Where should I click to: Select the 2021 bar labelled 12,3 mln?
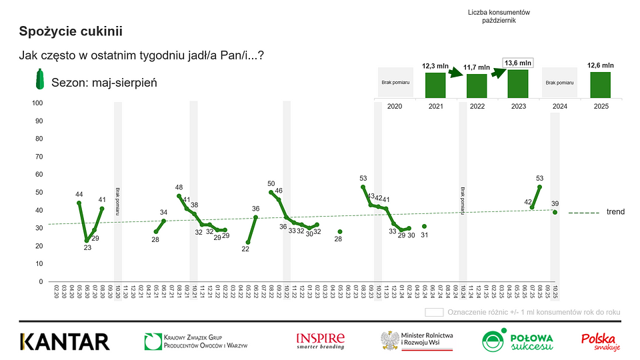435,83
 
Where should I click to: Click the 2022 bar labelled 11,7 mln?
476,85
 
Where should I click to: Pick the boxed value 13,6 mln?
517,63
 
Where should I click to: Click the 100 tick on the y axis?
37,103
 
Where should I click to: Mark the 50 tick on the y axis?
39,193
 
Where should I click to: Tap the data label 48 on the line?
179,188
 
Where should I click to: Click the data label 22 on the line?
246,249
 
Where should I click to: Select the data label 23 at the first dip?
87,247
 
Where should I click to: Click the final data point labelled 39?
555,212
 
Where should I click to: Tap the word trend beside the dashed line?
615,212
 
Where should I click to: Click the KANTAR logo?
65,341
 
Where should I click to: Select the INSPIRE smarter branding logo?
321,341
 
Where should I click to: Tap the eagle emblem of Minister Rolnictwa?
389,341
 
